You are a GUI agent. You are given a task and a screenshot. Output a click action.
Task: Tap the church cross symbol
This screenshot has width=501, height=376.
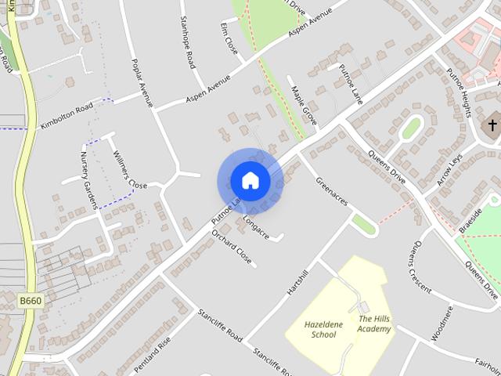[492, 125]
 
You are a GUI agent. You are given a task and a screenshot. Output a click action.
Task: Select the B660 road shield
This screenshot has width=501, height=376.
[30, 301]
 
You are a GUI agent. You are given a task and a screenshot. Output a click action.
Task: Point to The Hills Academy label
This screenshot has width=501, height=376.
[375, 324]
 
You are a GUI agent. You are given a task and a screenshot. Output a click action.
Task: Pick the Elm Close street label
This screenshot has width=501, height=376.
[230, 38]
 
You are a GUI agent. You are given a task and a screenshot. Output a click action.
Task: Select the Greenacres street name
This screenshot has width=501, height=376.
[330, 192]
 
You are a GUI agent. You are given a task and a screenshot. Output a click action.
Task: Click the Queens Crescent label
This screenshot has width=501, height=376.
[419, 264]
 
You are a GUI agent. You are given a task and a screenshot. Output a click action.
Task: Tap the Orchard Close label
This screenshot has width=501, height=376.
[232, 248]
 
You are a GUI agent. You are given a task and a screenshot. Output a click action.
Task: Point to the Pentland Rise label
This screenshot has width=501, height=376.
[151, 354]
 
